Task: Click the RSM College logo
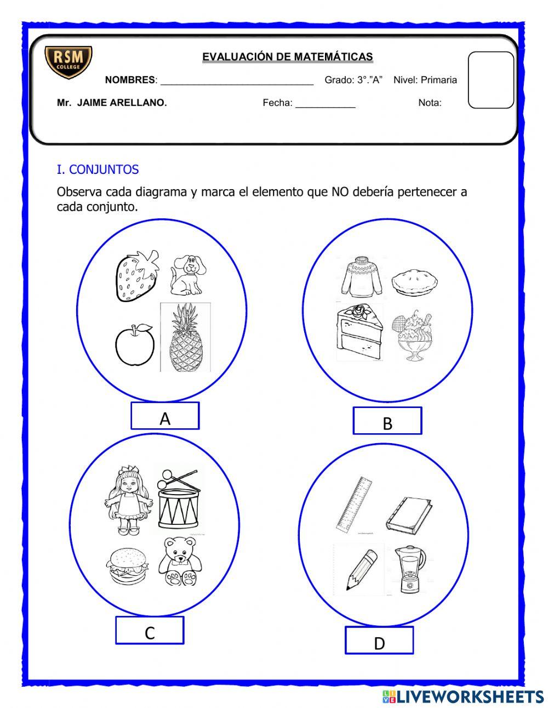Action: [68, 62]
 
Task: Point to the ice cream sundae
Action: [412, 336]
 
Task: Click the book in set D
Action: [408, 514]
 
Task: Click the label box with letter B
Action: [387, 421]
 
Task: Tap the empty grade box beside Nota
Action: [490, 80]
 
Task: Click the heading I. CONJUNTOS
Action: [98, 169]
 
